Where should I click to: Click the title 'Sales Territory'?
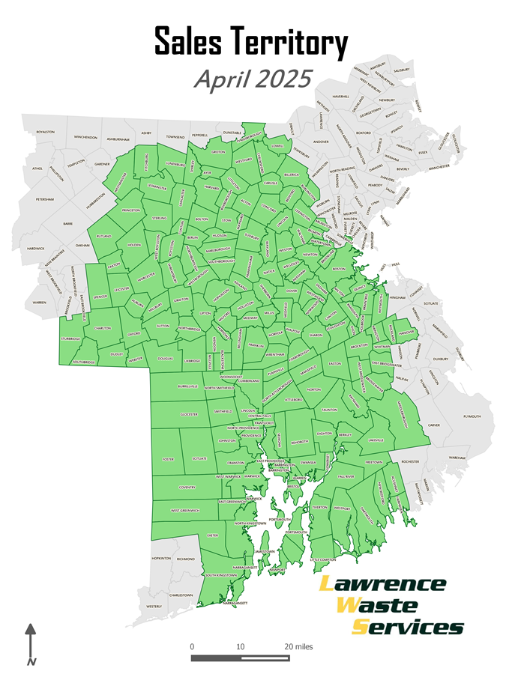click(252, 43)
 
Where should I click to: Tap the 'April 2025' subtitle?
click(252, 79)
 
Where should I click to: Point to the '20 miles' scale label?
click(298, 646)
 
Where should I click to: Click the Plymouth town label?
click(472, 416)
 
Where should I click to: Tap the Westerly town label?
click(154, 606)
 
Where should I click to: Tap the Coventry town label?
click(187, 487)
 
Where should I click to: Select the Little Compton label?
click(324, 559)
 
